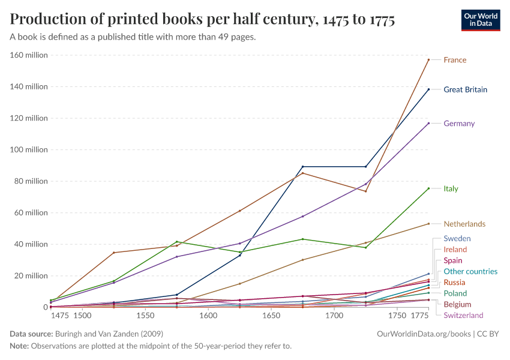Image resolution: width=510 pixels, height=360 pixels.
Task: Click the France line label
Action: [x=455, y=60]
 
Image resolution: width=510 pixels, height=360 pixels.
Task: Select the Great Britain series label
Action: [x=465, y=90]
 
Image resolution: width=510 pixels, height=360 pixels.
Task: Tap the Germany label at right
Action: [x=459, y=124]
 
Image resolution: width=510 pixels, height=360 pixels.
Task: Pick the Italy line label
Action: [x=451, y=188]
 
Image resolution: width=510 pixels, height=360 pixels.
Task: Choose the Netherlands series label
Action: [x=464, y=224]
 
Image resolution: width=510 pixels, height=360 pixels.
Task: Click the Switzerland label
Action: [x=463, y=315]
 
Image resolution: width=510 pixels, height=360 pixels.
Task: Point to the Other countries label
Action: [x=470, y=271]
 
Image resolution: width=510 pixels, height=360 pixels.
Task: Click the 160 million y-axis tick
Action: [x=29, y=55]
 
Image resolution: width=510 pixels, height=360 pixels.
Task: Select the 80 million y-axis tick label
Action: [x=31, y=181]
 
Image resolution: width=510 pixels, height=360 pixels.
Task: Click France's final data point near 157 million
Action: [x=428, y=59]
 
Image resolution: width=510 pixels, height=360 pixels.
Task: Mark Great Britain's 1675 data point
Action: [x=303, y=166]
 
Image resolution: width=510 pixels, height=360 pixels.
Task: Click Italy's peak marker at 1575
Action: [x=177, y=242]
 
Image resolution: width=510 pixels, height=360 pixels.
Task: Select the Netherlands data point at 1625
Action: [x=240, y=284]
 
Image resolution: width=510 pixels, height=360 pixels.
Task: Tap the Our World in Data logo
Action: [x=481, y=19]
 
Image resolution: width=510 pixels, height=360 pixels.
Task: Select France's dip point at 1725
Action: [x=366, y=191]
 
